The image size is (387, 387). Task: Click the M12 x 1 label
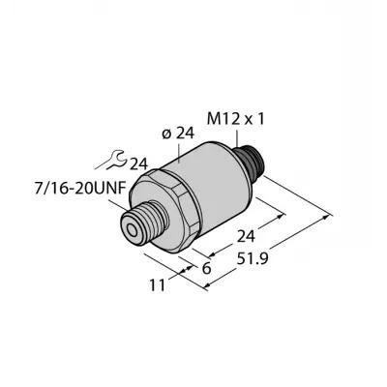point(235,120)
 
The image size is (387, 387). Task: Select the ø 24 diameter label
point(178,134)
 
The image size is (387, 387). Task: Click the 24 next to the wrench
point(138,164)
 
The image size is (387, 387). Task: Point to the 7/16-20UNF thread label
point(79,189)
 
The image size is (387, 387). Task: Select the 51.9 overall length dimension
point(253,258)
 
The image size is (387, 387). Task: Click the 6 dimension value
point(206,268)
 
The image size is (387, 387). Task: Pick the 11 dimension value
point(157,285)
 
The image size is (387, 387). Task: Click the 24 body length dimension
point(246,236)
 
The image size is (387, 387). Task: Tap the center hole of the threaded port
point(132,230)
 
